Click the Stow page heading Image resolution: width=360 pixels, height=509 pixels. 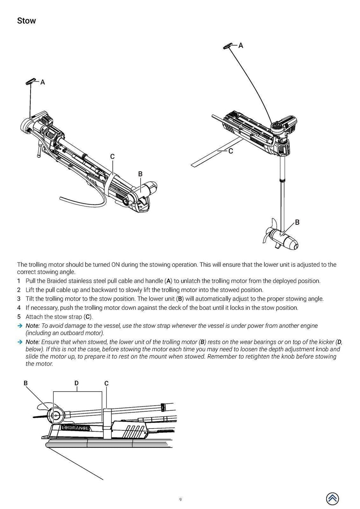click(26, 21)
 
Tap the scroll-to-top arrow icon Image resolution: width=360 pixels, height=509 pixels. click(332, 498)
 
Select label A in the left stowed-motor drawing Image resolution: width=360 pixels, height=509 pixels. click(43, 82)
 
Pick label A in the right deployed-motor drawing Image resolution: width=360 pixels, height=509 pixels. click(241, 45)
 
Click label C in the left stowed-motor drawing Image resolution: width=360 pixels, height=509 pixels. click(112, 156)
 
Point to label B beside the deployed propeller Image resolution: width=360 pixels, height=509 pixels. click(297, 222)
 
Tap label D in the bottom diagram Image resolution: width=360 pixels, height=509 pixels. click(76, 383)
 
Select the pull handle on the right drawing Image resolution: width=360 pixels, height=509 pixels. click(228, 47)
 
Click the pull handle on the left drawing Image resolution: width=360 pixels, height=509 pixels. click(31, 82)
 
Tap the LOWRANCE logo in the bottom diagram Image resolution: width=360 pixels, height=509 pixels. click(76, 428)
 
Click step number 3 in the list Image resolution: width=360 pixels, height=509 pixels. click(19, 299)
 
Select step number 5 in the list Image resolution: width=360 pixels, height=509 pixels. click(19, 317)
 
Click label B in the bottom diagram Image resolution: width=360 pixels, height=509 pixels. click(26, 383)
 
